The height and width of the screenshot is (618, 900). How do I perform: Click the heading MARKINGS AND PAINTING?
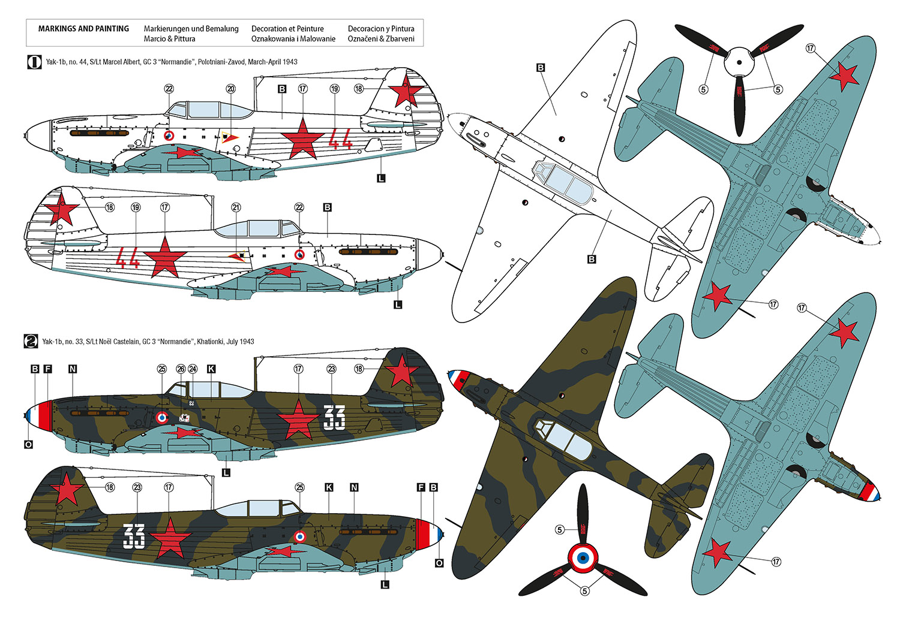83,29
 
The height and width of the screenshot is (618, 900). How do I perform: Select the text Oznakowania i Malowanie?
293,39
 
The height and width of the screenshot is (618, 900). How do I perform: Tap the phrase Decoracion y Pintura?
381,29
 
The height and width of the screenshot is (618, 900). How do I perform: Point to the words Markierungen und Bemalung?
191,29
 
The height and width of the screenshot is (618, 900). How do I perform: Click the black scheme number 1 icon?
34,62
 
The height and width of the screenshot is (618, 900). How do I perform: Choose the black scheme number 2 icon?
31,342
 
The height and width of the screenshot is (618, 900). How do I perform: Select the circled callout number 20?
231,89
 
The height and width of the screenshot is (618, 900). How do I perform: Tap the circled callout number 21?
236,207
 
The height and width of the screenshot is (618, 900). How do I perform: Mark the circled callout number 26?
181,369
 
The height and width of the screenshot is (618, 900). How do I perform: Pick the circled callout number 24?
193,369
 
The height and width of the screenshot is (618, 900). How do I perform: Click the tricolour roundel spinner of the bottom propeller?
582,559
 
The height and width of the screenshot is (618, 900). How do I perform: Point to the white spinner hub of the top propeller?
739,63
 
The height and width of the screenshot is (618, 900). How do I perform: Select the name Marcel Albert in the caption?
130,62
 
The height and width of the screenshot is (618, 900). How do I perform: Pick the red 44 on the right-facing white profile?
127,260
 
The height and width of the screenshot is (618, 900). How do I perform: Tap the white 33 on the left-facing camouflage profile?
334,418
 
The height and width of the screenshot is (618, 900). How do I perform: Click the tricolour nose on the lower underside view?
870,493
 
